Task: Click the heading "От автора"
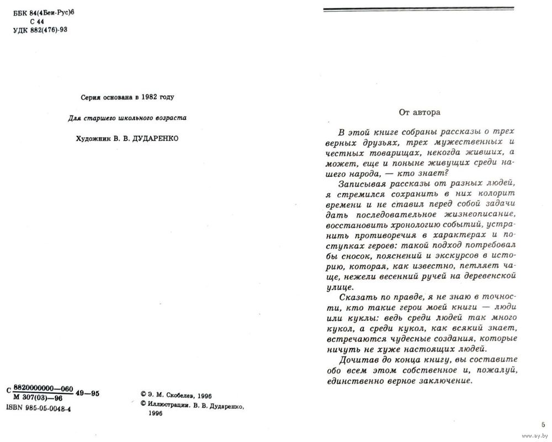420,112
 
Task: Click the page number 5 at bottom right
543,424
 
